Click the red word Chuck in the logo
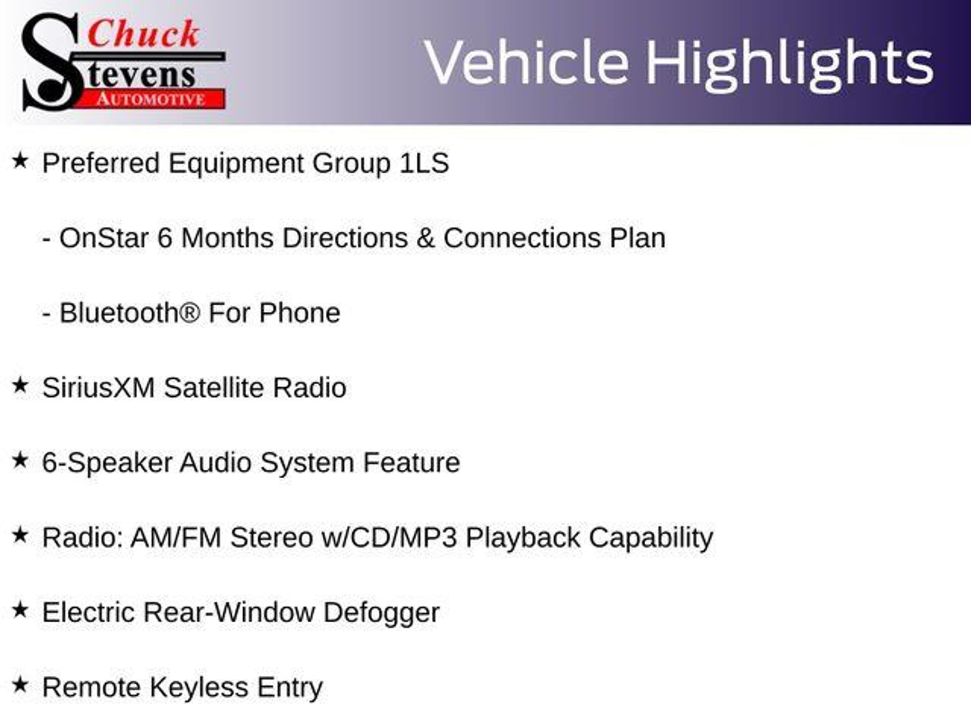tap(143, 35)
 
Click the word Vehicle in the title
tap(527, 63)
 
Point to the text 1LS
tap(424, 163)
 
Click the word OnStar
tap(104, 237)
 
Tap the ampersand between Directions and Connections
tap(425, 238)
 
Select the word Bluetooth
tap(119, 313)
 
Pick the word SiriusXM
tap(99, 388)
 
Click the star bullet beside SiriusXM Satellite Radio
tap(20, 385)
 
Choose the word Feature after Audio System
tap(411, 463)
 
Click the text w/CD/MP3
tap(389, 537)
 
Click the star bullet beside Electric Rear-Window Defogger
tap(20, 610)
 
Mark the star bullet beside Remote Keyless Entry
tap(20, 684)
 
